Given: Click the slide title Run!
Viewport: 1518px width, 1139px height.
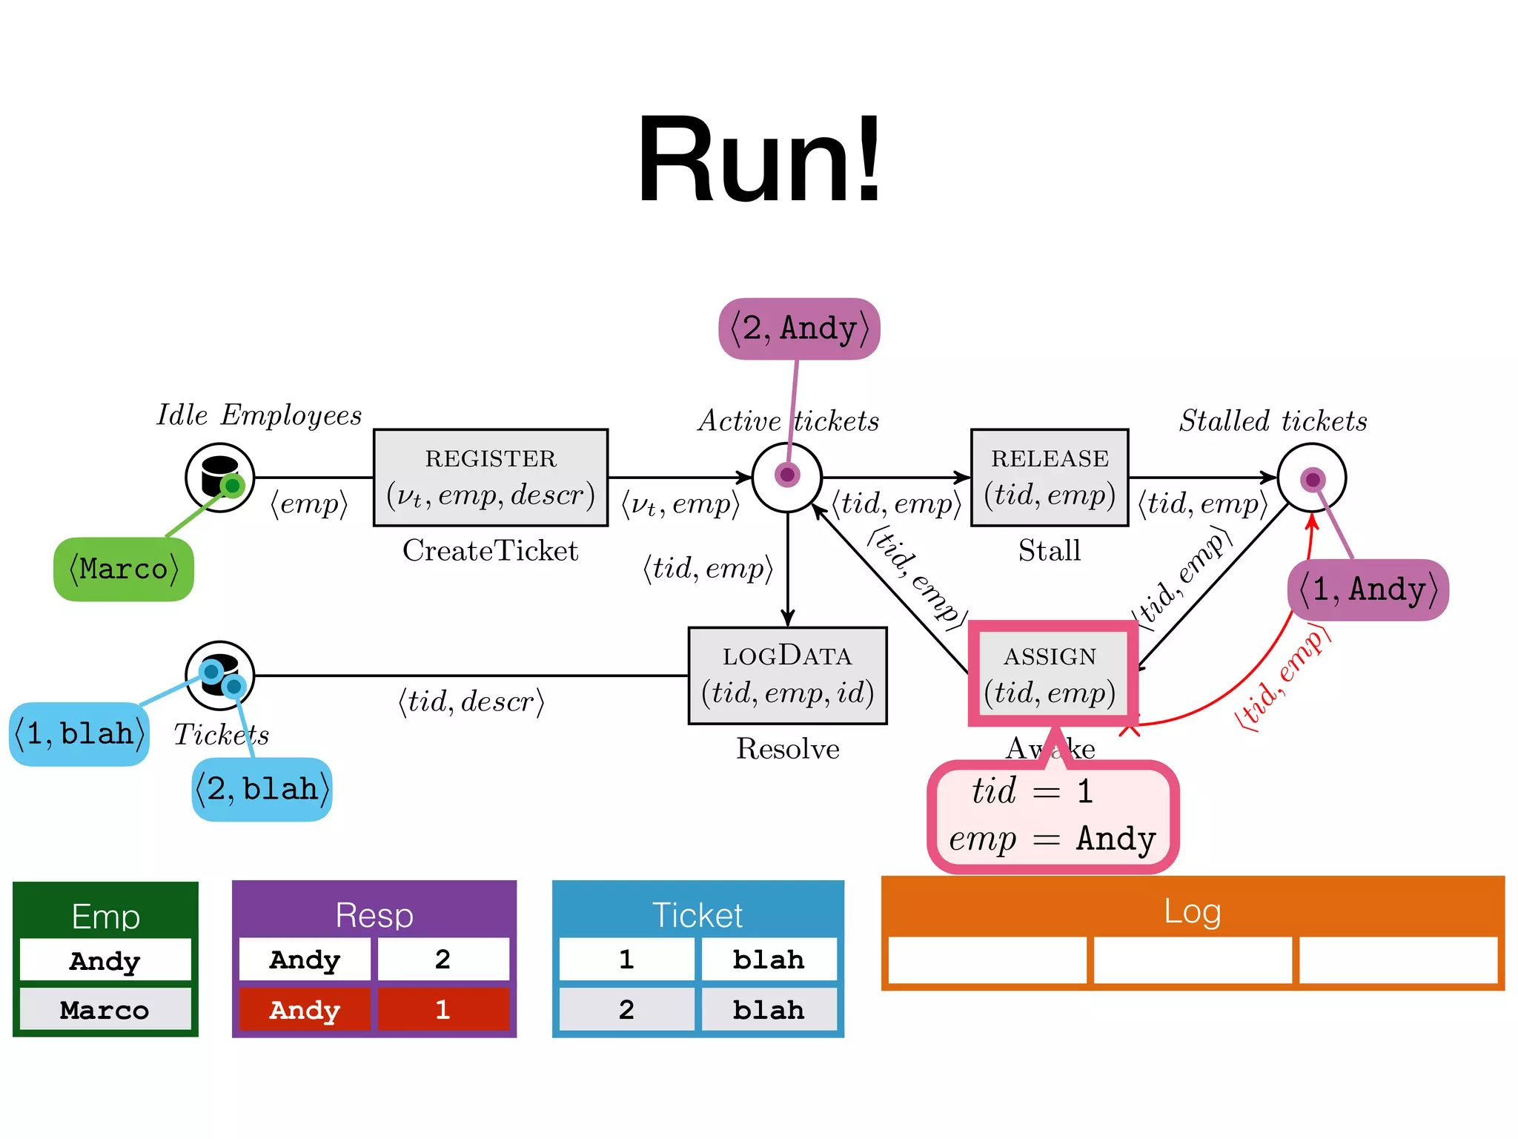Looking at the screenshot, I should (759, 159).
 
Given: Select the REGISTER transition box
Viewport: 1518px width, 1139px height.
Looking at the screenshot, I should (491, 478).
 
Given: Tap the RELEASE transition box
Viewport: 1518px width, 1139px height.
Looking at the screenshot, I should (1050, 478).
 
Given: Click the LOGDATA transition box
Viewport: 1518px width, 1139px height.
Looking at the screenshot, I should (787, 676).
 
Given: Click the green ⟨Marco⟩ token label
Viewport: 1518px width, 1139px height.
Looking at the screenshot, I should (124, 569).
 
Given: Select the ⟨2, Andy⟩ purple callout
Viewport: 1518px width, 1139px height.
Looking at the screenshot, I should (799, 329).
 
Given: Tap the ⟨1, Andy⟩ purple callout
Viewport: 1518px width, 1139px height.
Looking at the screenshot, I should (1368, 590).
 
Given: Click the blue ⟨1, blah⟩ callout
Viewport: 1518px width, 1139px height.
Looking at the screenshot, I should (79, 734).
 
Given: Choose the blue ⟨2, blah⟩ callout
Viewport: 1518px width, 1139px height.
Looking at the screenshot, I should (262, 789).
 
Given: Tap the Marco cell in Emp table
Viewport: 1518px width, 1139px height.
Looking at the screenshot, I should (105, 1010).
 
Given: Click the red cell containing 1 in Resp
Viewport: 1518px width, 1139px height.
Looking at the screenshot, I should (443, 1009).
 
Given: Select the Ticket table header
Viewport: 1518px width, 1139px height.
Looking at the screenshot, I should (697, 914).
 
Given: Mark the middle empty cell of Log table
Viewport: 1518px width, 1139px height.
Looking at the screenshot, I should (1192, 960).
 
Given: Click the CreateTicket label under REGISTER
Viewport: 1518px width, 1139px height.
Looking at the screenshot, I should (490, 551).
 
